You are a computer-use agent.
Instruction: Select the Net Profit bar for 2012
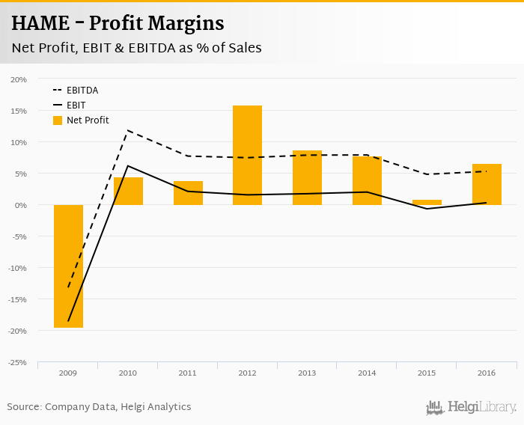[248, 155]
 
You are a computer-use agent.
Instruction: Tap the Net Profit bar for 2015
[427, 202]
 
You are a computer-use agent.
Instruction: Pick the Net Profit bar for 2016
[487, 184]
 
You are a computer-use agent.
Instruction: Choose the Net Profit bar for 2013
[307, 177]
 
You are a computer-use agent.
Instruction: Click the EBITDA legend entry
[82, 91]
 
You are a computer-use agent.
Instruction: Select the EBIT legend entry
[76, 106]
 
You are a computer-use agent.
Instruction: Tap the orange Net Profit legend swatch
[58, 120]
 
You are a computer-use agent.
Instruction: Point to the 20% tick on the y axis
[18, 79]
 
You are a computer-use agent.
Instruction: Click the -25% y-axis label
[17, 362]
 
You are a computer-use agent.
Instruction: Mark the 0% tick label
[20, 205]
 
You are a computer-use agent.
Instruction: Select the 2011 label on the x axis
[187, 372]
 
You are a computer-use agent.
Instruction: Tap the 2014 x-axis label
[367, 372]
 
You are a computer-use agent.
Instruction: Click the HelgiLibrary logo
[472, 407]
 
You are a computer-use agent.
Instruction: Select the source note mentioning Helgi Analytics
[99, 407]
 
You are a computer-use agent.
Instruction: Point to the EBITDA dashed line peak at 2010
[128, 130]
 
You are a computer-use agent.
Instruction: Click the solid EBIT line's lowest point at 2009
[68, 321]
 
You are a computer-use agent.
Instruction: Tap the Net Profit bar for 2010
[128, 191]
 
